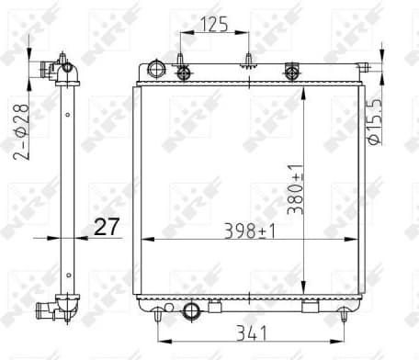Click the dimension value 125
(x=215, y=25)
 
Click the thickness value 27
(x=107, y=226)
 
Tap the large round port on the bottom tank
(x=192, y=311)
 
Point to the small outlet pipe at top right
(x=364, y=67)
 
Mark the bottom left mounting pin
(x=160, y=314)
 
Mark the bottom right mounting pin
(x=344, y=314)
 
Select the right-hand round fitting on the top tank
(x=293, y=70)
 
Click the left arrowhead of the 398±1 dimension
(x=144, y=239)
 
